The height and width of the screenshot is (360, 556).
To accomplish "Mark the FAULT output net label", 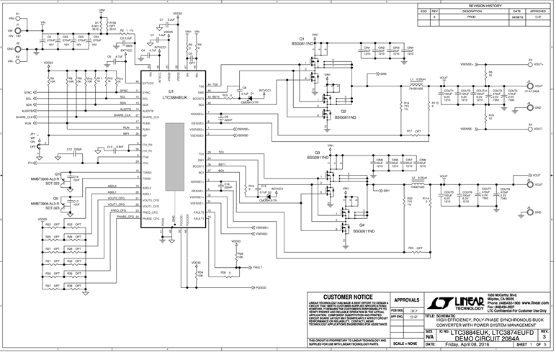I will pyautogui.click(x=257, y=266).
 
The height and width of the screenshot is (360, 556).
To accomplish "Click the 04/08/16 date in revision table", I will pyautogui.click(x=516, y=17).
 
